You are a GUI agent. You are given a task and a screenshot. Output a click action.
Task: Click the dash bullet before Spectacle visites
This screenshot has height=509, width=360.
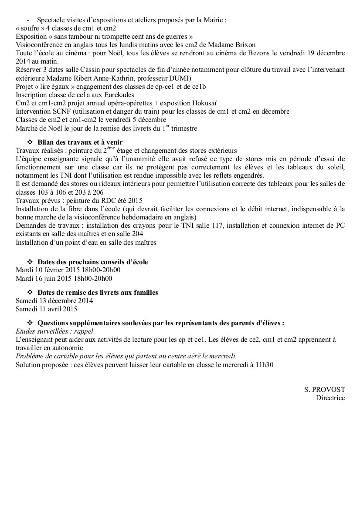pyautogui.click(x=28, y=20)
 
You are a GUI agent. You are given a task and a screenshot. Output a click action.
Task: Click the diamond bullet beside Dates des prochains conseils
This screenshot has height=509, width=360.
pyautogui.click(x=30, y=262)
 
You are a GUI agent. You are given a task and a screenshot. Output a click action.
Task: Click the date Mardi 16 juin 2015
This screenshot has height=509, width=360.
pyautogui.click(x=45, y=278)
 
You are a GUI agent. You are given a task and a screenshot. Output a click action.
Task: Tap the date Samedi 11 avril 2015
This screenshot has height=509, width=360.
pyautogui.click(x=46, y=309)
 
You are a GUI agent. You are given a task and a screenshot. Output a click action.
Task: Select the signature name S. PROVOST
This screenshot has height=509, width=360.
pyautogui.click(x=325, y=389)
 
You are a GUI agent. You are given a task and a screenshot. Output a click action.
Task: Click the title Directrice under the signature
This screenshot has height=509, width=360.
pyautogui.click(x=330, y=398)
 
